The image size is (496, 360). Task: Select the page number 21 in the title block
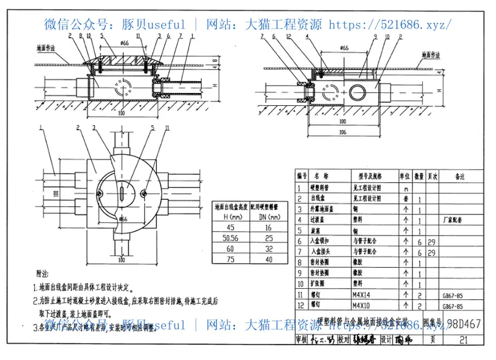coord(464,340)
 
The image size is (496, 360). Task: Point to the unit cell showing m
coord(406,188)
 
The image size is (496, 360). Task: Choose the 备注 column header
coord(460,177)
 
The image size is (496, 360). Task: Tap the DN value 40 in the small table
coord(267,260)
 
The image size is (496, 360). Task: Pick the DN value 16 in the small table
coord(267,227)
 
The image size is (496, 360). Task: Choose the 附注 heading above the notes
coord(43,273)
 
